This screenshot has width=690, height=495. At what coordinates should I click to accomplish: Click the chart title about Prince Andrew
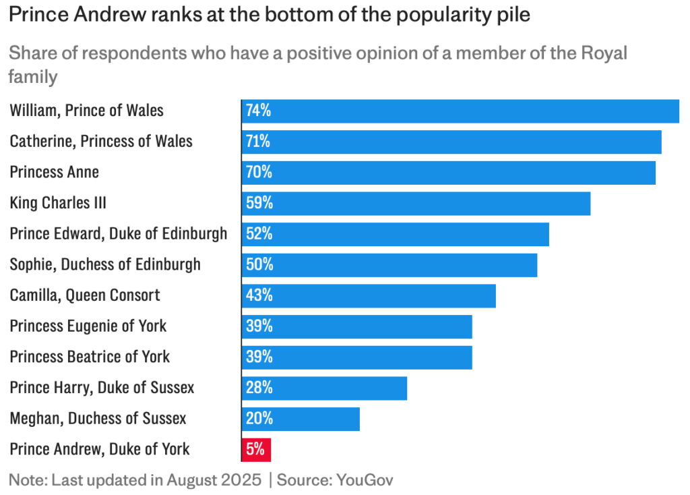click(269, 16)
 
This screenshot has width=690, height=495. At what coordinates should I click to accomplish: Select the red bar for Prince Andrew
click(256, 449)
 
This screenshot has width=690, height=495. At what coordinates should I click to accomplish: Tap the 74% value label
click(258, 111)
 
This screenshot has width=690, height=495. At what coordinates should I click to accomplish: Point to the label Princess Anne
click(54, 172)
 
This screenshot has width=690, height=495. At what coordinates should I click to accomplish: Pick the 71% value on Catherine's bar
click(258, 142)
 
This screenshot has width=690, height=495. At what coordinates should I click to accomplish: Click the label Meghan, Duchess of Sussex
click(98, 418)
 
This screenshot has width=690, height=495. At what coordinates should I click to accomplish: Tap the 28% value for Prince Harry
click(259, 388)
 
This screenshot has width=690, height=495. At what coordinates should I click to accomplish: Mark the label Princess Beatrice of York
click(90, 357)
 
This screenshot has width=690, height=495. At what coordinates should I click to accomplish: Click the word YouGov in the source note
click(365, 480)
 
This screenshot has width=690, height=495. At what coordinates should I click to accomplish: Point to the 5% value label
click(255, 449)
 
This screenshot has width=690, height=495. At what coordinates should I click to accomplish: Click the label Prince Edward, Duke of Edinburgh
click(118, 234)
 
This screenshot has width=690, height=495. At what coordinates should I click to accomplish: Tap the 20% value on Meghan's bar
click(259, 419)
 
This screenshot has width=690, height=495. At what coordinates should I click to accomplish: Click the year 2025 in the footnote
click(241, 480)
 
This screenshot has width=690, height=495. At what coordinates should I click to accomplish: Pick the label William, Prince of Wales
click(86, 111)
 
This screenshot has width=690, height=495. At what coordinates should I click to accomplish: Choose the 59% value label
click(259, 203)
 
